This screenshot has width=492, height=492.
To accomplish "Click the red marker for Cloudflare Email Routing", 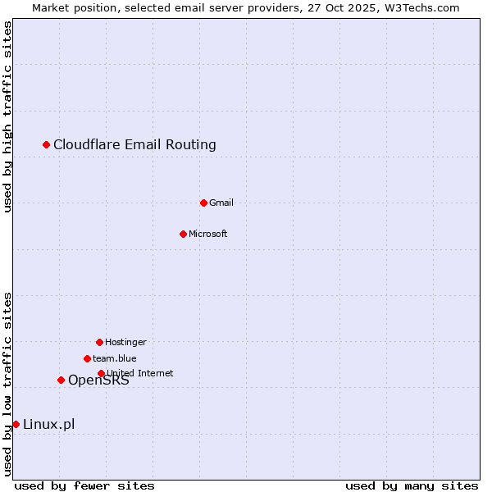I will pyautogui.click(x=47, y=145).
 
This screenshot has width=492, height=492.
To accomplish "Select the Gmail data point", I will pyautogui.click(x=203, y=203).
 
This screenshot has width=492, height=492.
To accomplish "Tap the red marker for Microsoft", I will pyautogui.click(x=183, y=234).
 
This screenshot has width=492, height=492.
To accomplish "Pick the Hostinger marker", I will pyautogui.click(x=99, y=342).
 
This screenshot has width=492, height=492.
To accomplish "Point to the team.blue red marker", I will pyautogui.click(x=87, y=358).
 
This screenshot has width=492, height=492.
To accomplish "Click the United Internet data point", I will pyautogui.click(x=101, y=373).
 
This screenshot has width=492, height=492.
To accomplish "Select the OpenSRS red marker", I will pyautogui.click(x=61, y=380).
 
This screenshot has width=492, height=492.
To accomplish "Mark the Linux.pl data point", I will pyautogui.click(x=16, y=424).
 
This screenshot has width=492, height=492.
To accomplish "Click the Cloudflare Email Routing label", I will pyautogui.click(x=134, y=145).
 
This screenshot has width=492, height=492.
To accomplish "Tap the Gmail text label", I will pyautogui.click(x=221, y=203).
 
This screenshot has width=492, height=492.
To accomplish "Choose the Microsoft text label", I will pyautogui.click(x=208, y=234).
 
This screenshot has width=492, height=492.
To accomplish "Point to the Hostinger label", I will pyautogui.click(x=125, y=342).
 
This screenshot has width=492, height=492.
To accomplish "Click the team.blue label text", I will pyautogui.click(x=115, y=358).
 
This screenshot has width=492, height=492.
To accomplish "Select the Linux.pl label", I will pyautogui.click(x=48, y=424).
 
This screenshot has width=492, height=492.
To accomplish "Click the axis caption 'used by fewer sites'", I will pyautogui.click(x=84, y=485).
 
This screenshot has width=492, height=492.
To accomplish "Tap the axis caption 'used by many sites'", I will pyautogui.click(x=412, y=485).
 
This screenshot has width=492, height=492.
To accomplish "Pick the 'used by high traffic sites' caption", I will pyautogui.click(x=8, y=116).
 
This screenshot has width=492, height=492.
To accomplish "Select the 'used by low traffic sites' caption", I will pyautogui.click(x=8, y=384).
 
